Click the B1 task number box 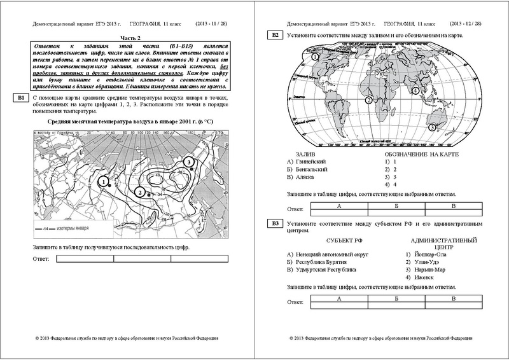20,97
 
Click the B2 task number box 275,35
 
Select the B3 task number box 275,223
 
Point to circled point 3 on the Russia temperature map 188,163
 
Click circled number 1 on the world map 315,57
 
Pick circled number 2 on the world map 368,100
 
